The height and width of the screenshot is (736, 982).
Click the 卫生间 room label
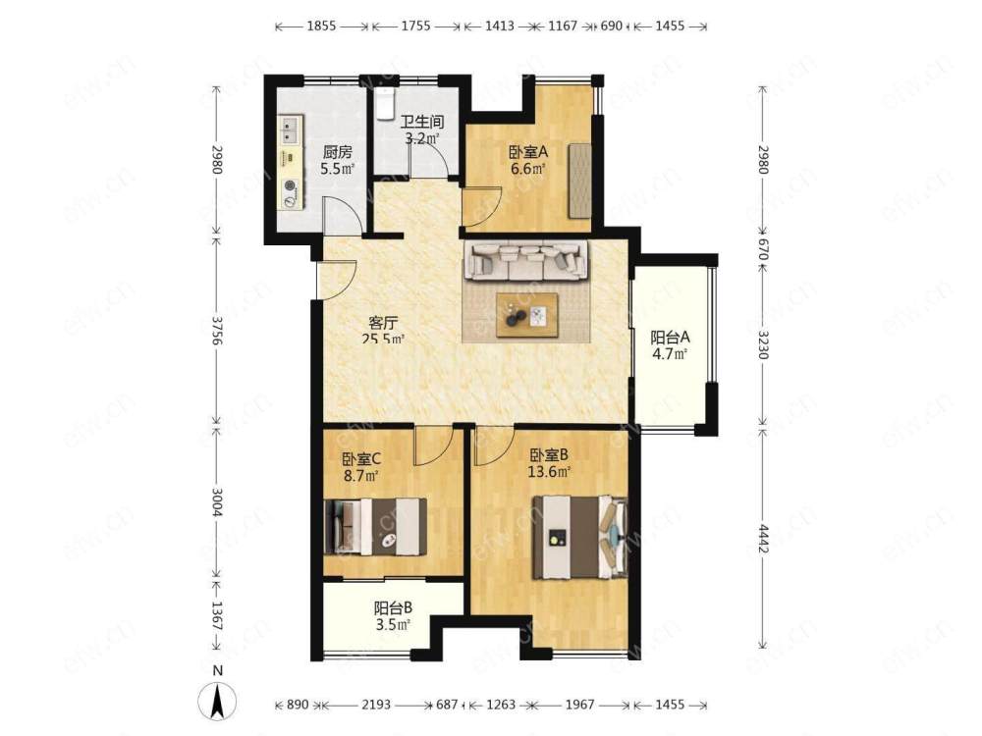(422, 122)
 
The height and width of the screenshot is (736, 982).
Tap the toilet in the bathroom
(385, 103)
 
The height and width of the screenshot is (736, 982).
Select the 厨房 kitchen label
(337, 152)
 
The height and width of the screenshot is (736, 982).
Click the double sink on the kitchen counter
(290, 130)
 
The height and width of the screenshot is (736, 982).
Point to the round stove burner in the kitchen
(290, 185)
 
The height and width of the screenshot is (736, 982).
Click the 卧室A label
(528, 152)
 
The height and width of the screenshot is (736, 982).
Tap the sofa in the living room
(525, 261)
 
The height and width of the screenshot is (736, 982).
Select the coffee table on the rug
(527, 315)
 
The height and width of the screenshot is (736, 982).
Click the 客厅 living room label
(383, 324)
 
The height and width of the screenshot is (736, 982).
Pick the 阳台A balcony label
(670, 338)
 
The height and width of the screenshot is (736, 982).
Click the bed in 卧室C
(376, 526)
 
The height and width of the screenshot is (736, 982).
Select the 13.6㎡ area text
(549, 472)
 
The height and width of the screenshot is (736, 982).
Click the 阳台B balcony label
(393, 607)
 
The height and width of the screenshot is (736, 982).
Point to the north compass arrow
(217, 701)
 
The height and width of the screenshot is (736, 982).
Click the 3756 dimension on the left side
(216, 330)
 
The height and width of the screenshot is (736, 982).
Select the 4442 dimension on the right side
(762, 539)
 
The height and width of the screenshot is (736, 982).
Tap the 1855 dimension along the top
(321, 26)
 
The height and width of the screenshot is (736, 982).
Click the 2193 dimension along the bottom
(376, 705)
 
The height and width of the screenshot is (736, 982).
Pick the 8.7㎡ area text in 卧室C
(360, 476)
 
